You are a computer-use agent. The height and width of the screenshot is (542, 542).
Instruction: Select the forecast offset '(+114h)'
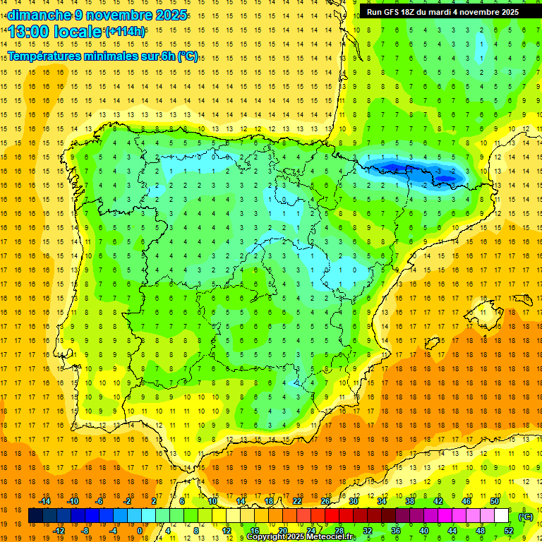125,31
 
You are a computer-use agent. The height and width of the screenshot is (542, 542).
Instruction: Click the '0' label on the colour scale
139,531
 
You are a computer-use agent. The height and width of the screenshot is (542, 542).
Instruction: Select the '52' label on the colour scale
507,531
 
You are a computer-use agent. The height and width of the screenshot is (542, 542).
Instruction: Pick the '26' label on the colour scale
325,501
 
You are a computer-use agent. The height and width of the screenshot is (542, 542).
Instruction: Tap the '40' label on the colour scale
423,531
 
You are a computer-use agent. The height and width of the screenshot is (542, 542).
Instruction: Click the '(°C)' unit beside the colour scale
526,517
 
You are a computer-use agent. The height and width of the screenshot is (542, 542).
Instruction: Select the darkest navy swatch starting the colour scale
35,517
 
